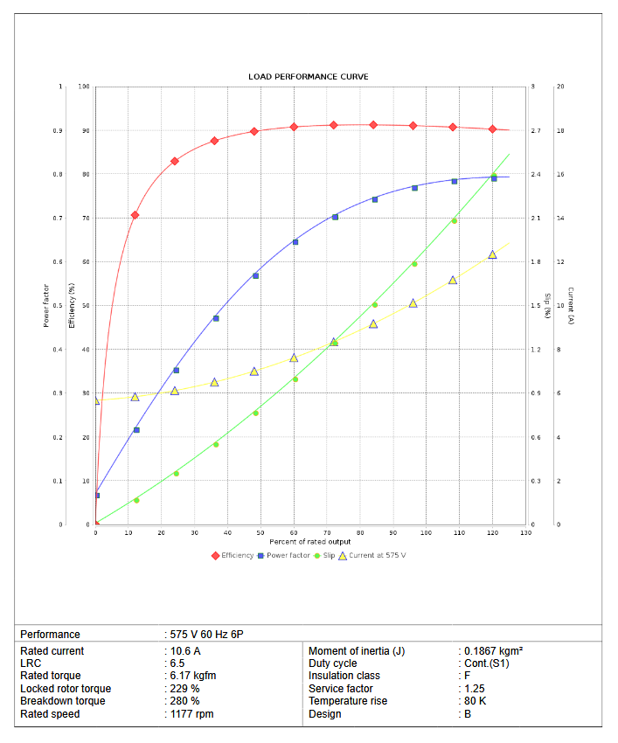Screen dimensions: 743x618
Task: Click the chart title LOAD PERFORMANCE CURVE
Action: pyautogui.click(x=308, y=77)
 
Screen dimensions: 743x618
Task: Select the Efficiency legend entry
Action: pyautogui.click(x=236, y=555)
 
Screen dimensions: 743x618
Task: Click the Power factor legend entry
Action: pyautogui.click(x=288, y=555)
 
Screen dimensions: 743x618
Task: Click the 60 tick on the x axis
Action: pyautogui.click(x=294, y=532)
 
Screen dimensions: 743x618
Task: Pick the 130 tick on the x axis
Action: pyautogui.click(x=525, y=532)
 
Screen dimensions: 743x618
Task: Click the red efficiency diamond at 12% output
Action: pyautogui.click(x=135, y=215)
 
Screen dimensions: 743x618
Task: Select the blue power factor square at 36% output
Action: pyautogui.click(x=216, y=318)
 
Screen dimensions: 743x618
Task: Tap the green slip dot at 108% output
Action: pyautogui.click(x=454, y=220)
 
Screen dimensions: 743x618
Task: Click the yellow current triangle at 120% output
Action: pyautogui.click(x=493, y=254)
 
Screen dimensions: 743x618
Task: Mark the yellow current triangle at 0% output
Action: pyautogui.click(x=96, y=400)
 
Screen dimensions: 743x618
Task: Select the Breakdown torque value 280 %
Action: pyautogui.click(x=184, y=701)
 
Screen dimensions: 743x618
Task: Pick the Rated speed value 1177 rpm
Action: pyautogui.click(x=191, y=714)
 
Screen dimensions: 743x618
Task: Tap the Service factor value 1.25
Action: pyautogui.click(x=475, y=689)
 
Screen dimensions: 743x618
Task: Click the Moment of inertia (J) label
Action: pyautogui.click(x=357, y=651)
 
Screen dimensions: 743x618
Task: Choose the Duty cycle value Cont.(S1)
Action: pyautogui.click(x=486, y=663)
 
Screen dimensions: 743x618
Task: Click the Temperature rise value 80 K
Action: pyautogui.click(x=476, y=701)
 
